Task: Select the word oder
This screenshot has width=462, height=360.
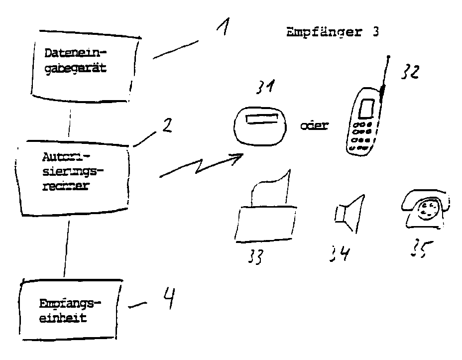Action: pyautogui.click(x=314, y=125)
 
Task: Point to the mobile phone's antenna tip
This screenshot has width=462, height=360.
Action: pyautogui.click(x=389, y=57)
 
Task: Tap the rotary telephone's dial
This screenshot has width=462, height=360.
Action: pyautogui.click(x=426, y=210)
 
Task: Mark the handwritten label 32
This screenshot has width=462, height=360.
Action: pyautogui.click(x=408, y=72)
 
